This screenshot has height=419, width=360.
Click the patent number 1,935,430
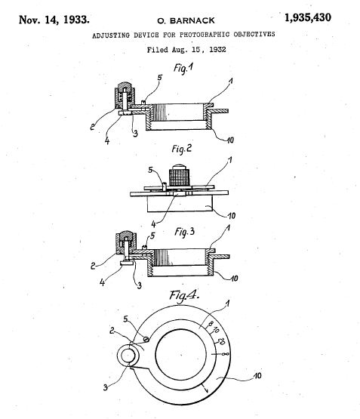pyautogui.click(x=308, y=18)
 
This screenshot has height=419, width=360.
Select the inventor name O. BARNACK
pyautogui.click(x=186, y=20)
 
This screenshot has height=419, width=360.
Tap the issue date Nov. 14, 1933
pyautogui.click(x=54, y=20)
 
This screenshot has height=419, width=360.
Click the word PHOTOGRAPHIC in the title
pyautogui.click(x=205, y=35)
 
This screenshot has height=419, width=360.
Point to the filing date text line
pyautogui.click(x=186, y=50)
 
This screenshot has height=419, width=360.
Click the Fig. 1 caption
pyautogui.click(x=183, y=68)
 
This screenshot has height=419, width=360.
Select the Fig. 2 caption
pyautogui.click(x=182, y=149)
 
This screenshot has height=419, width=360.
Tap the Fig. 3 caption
pyautogui.click(x=185, y=232)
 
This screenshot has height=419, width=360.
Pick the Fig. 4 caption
pyautogui.click(x=184, y=295)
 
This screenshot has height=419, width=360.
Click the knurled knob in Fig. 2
pyautogui.click(x=180, y=176)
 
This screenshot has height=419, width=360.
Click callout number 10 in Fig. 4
pyautogui.click(x=257, y=376)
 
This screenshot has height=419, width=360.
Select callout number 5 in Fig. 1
pyautogui.click(x=160, y=78)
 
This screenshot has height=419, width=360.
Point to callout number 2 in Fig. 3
pyautogui.click(x=93, y=266)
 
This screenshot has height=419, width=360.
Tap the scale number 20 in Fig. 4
pyautogui.click(x=221, y=341)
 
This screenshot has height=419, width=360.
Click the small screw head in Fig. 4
pyautogui.click(x=146, y=339)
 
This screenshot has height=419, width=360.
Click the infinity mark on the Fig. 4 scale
pyautogui.click(x=225, y=354)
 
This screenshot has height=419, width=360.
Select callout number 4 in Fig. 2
pyautogui.click(x=153, y=224)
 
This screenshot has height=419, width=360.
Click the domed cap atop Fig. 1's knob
pyautogui.click(x=125, y=86)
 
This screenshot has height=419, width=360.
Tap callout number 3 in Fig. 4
pyautogui.click(x=105, y=387)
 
